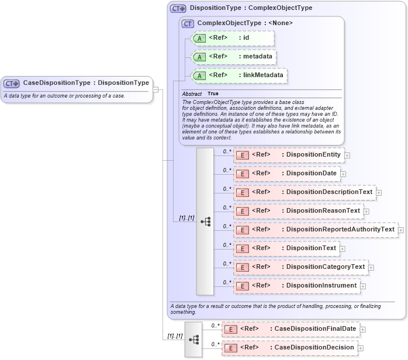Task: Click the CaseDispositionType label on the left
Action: (85, 83)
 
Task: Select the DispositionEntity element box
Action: (288, 154)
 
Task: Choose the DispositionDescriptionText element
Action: (304, 192)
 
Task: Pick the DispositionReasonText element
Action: (298, 210)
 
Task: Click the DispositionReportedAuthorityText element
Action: (316, 229)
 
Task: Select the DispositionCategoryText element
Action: (300, 266)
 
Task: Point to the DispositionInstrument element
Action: (296, 285)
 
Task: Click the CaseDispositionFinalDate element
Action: (291, 329)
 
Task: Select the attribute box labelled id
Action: (233, 38)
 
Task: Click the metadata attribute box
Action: (234, 57)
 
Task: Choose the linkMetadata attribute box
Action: (240, 75)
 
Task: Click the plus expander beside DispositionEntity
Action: (347, 155)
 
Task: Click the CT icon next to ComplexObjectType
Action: (188, 23)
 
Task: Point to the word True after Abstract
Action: (213, 94)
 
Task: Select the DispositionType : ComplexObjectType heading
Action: (251, 8)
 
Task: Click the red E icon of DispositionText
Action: (242, 248)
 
